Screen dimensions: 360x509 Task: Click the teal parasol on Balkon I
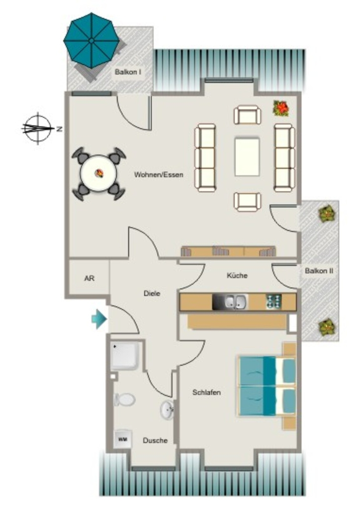(x=91, y=41)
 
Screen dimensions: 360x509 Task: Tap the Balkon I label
(x=128, y=72)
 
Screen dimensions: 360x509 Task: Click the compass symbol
(x=38, y=129)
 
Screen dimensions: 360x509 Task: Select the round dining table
(x=98, y=173)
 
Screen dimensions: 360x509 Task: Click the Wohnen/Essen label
(x=159, y=174)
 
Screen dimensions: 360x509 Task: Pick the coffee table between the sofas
(x=247, y=157)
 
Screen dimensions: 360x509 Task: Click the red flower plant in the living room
(x=281, y=108)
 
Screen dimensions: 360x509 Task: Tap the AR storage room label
(x=90, y=278)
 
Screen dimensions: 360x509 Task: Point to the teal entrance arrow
(x=99, y=320)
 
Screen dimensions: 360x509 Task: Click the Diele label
(x=152, y=293)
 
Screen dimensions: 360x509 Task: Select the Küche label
(x=237, y=275)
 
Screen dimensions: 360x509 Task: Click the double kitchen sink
(x=236, y=302)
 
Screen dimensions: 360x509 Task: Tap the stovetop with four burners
(x=273, y=302)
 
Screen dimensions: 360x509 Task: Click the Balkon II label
(x=319, y=271)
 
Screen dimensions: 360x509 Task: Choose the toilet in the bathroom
(x=124, y=399)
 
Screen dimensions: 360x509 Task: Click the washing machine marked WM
(x=123, y=439)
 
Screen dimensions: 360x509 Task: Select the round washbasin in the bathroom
(x=167, y=410)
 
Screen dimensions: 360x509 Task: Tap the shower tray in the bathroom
(x=126, y=355)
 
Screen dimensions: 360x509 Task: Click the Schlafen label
(x=206, y=393)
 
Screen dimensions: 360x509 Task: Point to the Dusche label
(x=155, y=440)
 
